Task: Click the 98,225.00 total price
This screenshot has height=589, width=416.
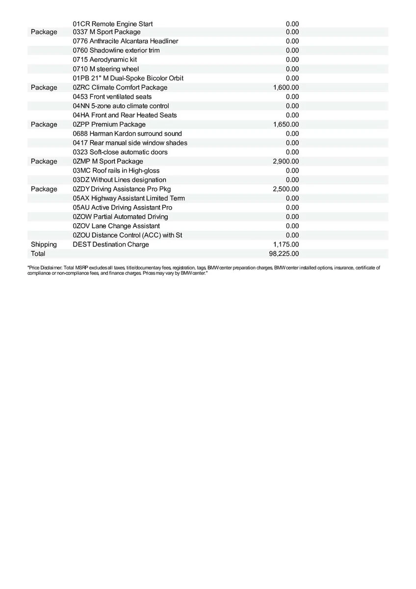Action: pyautogui.click(x=286, y=254)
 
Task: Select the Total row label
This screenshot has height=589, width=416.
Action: pyautogui.click(x=38, y=254)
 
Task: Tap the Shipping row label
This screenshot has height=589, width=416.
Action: pyautogui.click(x=44, y=244)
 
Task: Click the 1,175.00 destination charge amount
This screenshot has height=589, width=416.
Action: pyautogui.click(x=286, y=244)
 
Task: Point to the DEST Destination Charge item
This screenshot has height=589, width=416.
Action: pyautogui.click(x=110, y=244)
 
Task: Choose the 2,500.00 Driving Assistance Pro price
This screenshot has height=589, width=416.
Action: pyautogui.click(x=286, y=189)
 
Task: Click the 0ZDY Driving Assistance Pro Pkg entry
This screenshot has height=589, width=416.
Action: pyautogui.click(x=122, y=189)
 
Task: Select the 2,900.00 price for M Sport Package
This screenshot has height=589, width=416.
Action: pyautogui.click(x=286, y=161)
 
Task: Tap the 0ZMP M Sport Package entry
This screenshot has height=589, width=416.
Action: pyautogui.click(x=108, y=161)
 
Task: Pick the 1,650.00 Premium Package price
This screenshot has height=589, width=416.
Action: pyautogui.click(x=286, y=125)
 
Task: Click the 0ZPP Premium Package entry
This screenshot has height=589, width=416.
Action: pyautogui.click(x=109, y=125)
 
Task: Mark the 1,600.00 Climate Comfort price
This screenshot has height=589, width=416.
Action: pyautogui.click(x=286, y=87)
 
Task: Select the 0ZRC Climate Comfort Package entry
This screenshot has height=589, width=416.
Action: pyautogui.click(x=120, y=87)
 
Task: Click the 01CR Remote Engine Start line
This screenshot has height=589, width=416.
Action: pyautogui.click(x=112, y=24)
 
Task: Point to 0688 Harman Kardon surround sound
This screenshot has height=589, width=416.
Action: pyautogui.click(x=127, y=134)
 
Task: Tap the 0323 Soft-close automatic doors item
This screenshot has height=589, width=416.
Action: pyautogui.click(x=120, y=152)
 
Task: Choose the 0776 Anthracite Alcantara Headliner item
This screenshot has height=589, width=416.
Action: pyautogui.click(x=125, y=41)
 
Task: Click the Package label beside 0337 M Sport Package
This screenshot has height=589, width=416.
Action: pyautogui.click(x=44, y=32)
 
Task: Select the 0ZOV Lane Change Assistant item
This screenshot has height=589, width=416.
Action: pyautogui.click(x=116, y=226)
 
